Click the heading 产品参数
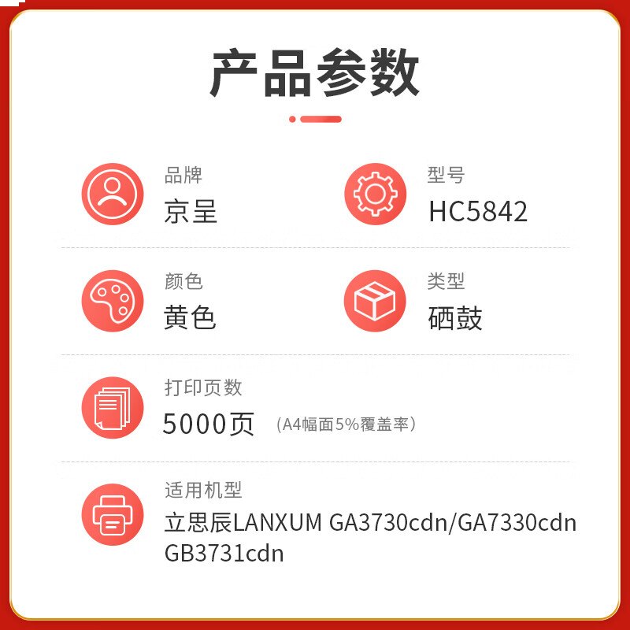click(315, 72)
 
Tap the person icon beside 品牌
click(113, 194)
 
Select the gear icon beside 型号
click(375, 194)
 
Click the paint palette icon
click(113, 301)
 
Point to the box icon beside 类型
click(375, 301)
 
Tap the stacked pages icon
click(113, 407)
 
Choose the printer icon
click(113, 514)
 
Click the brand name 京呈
click(191, 211)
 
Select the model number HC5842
click(478, 211)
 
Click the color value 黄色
click(191, 317)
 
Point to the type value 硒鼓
click(455, 317)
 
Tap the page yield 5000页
click(209, 424)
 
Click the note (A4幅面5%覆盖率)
click(346, 424)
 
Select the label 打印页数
click(203, 387)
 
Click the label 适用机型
click(203, 491)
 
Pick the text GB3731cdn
click(224, 554)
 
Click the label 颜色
click(183, 281)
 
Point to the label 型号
click(446, 175)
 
